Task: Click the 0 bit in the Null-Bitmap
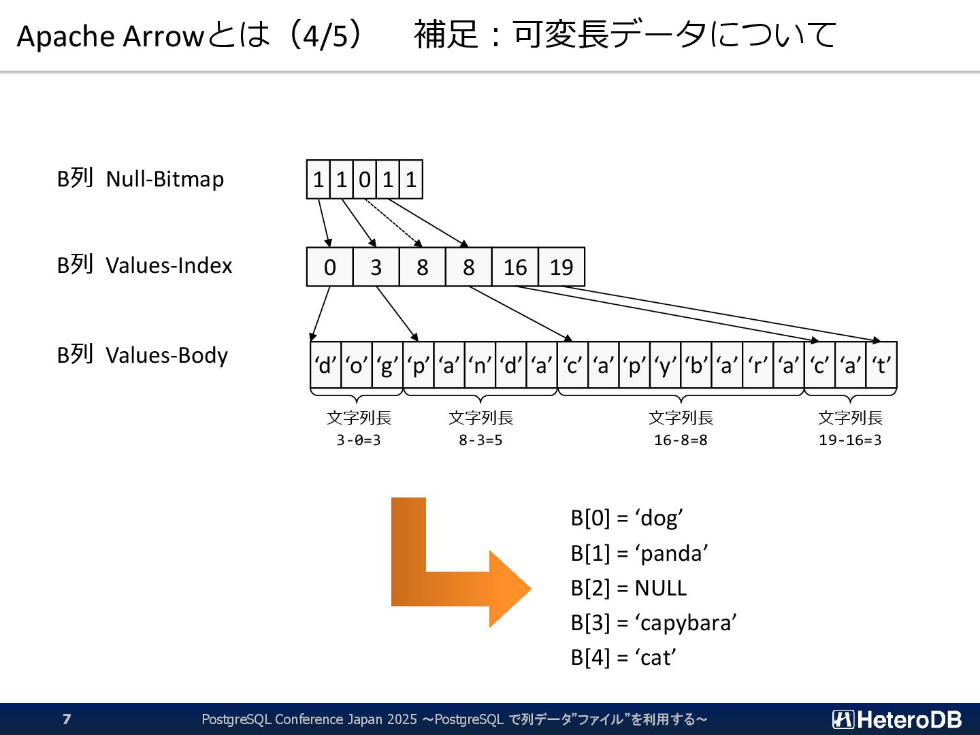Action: (x=365, y=180)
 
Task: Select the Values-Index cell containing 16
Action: (x=515, y=267)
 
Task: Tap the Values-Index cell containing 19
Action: (x=561, y=267)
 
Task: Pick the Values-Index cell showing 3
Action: (x=376, y=267)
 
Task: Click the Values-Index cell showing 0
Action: (x=330, y=267)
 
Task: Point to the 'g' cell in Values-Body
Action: (x=387, y=365)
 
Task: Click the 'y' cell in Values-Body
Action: (x=665, y=365)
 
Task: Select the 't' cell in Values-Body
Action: (x=881, y=365)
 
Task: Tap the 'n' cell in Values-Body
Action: (x=480, y=365)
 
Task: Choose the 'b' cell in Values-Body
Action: (x=696, y=365)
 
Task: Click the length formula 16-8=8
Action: (x=681, y=440)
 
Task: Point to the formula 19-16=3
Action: (x=850, y=440)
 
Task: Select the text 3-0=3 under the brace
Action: (x=359, y=440)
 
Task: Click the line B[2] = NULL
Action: (x=629, y=588)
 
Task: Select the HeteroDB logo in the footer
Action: (x=897, y=719)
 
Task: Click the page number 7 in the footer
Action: (x=67, y=719)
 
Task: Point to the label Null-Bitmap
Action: (x=165, y=179)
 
